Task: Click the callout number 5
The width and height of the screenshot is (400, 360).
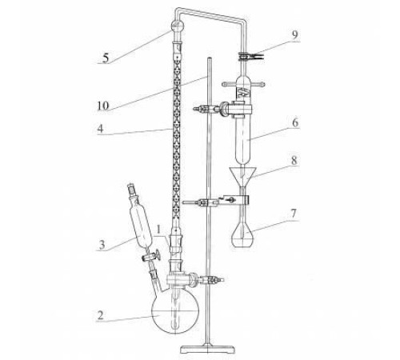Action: click(106, 58)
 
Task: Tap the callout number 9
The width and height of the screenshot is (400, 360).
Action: click(294, 35)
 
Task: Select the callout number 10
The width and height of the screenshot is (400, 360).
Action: click(103, 106)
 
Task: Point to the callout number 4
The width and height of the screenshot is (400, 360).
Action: click(100, 129)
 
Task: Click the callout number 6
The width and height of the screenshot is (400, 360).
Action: click(295, 123)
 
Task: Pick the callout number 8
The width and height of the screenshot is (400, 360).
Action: click(294, 161)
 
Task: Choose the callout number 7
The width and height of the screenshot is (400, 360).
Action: click(294, 214)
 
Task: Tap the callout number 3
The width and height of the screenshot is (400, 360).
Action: click(102, 245)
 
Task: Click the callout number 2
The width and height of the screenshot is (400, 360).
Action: click(100, 315)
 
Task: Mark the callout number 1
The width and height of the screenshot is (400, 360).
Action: click(159, 229)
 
